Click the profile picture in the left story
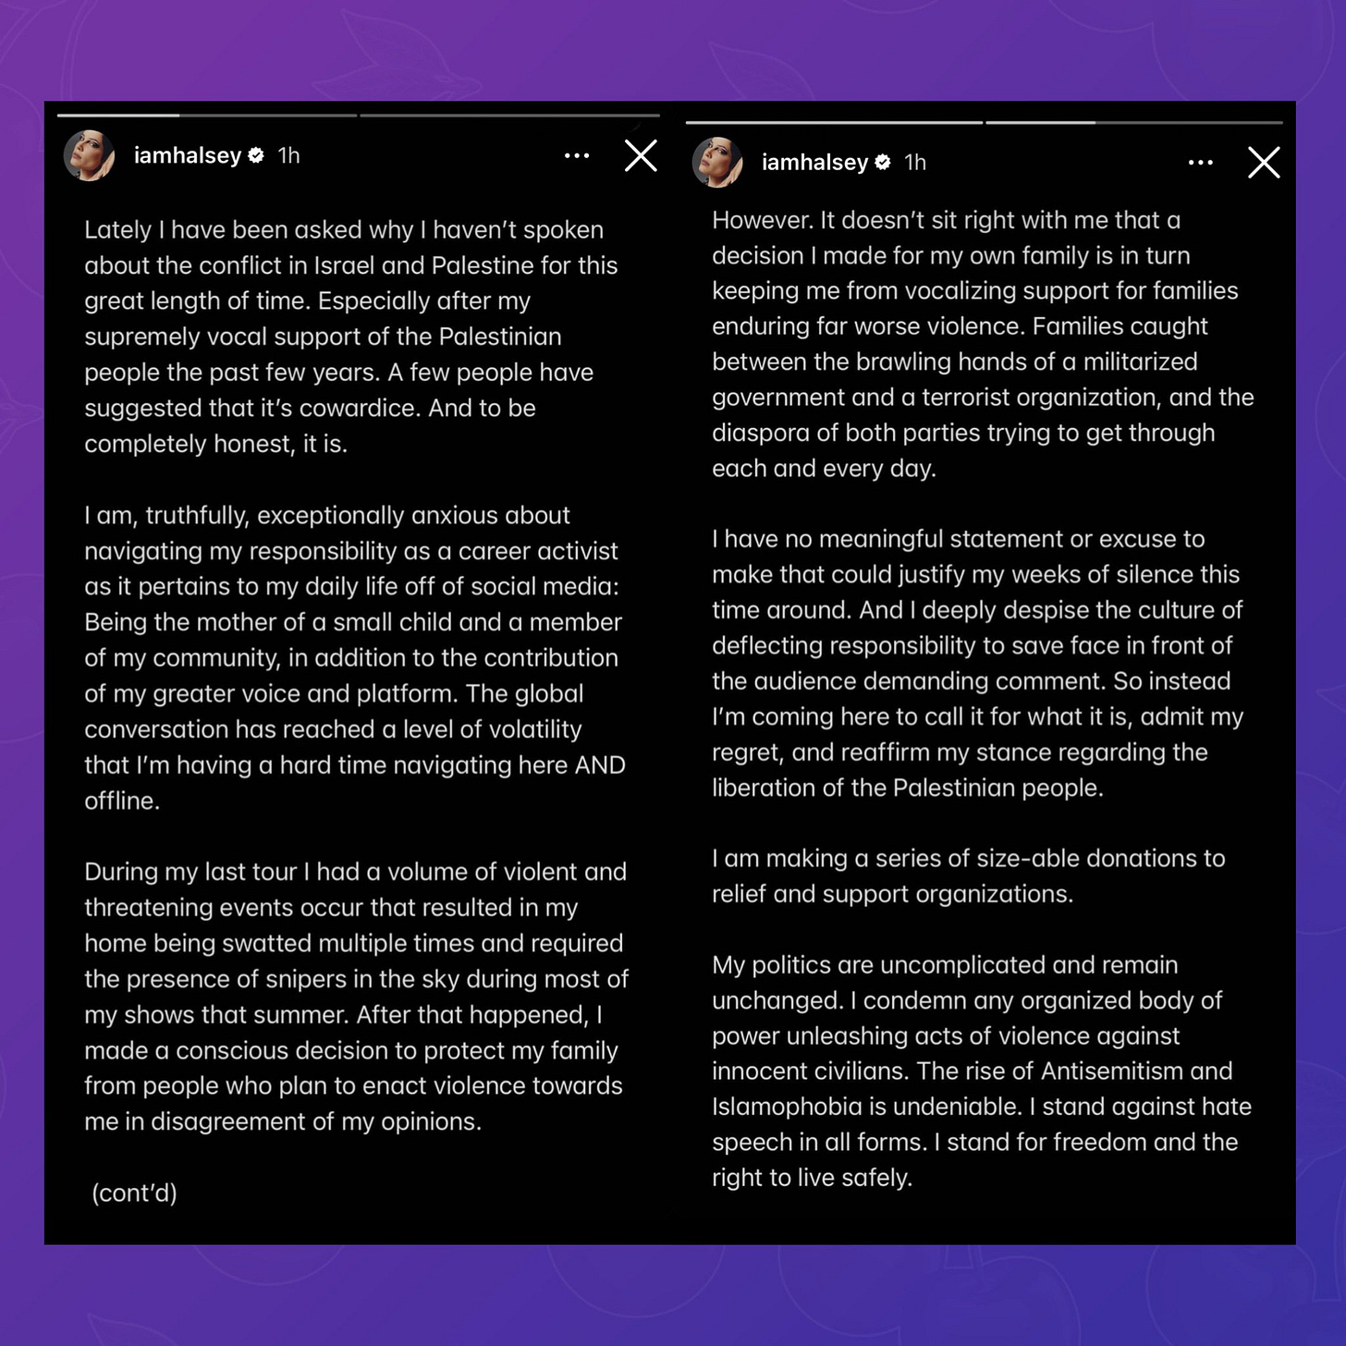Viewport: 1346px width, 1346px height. (x=90, y=155)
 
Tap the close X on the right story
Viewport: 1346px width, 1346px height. (x=1263, y=163)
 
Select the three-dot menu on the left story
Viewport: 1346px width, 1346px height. (x=577, y=156)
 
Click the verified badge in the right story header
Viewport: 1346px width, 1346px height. (x=883, y=163)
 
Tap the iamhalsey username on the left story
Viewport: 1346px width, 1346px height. (x=187, y=155)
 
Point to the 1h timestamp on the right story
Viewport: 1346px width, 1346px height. (x=915, y=163)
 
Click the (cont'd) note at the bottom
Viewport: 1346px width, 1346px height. (x=135, y=1193)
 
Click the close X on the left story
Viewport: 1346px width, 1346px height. (x=641, y=156)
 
